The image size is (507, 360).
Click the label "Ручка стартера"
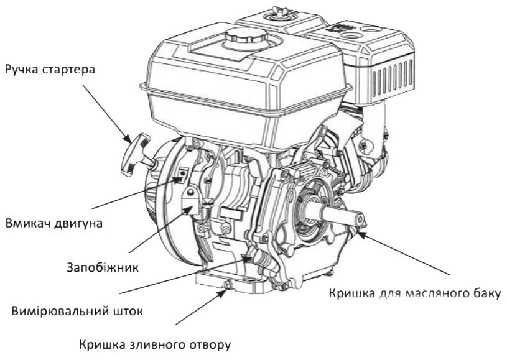coord(50,70)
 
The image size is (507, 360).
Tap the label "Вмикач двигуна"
coord(54,224)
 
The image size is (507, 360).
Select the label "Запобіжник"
coord(103,267)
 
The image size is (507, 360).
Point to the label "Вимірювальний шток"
coord(77,312)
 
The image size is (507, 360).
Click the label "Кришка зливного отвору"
coord(155,345)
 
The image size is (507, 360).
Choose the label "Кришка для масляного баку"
coord(415,293)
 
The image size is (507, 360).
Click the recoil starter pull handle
coord(136,154)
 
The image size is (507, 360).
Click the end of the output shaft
coord(360,219)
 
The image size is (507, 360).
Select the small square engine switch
coord(182,175)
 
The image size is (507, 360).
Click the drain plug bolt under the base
coord(228,285)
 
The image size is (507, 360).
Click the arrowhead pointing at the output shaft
coord(363,234)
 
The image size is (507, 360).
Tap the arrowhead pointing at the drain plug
coord(222,293)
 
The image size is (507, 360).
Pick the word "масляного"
coord(435,293)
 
